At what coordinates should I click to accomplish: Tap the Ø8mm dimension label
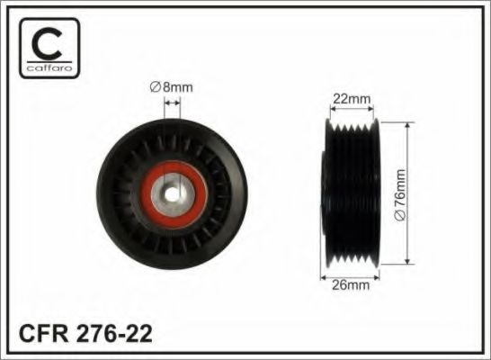[x=171, y=87]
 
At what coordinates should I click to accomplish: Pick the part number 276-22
[x=113, y=333]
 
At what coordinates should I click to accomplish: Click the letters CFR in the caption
[x=41, y=333]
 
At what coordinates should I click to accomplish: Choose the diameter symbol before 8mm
[x=154, y=87]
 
